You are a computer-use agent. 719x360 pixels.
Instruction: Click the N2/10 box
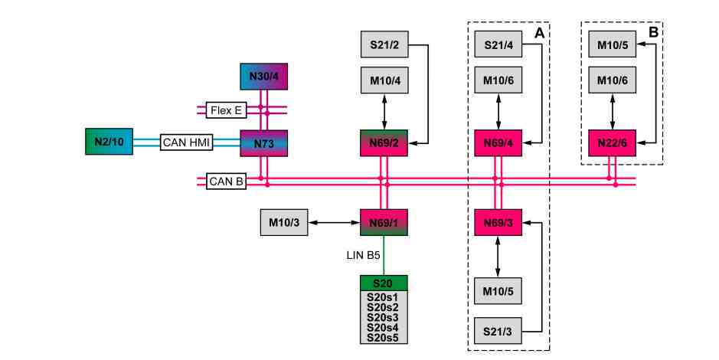(109, 142)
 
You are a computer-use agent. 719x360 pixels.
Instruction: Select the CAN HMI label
(187, 142)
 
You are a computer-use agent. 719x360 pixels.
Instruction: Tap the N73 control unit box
(263, 143)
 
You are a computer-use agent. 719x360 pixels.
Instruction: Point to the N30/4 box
(263, 77)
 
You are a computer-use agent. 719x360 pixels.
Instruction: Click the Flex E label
(226, 110)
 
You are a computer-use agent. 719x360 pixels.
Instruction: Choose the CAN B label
(226, 182)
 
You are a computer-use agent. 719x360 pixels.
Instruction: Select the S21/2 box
(384, 44)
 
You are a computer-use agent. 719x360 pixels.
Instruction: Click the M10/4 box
(384, 80)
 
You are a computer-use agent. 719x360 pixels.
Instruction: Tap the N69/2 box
(384, 143)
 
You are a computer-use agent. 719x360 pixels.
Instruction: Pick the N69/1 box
(384, 222)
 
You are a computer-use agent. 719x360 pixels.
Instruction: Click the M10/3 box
(284, 222)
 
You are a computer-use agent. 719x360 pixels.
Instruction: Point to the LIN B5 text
(363, 255)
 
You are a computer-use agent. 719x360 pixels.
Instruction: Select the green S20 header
(384, 283)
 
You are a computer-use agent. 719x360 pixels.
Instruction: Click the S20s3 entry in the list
(383, 317)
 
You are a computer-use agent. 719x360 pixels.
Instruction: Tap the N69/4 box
(498, 143)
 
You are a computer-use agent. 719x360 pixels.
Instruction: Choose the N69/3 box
(498, 222)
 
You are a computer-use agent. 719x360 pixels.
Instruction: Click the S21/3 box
(498, 331)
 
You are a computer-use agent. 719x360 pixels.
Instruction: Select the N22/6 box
(612, 143)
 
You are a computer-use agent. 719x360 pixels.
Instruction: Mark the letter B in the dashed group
(653, 32)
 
